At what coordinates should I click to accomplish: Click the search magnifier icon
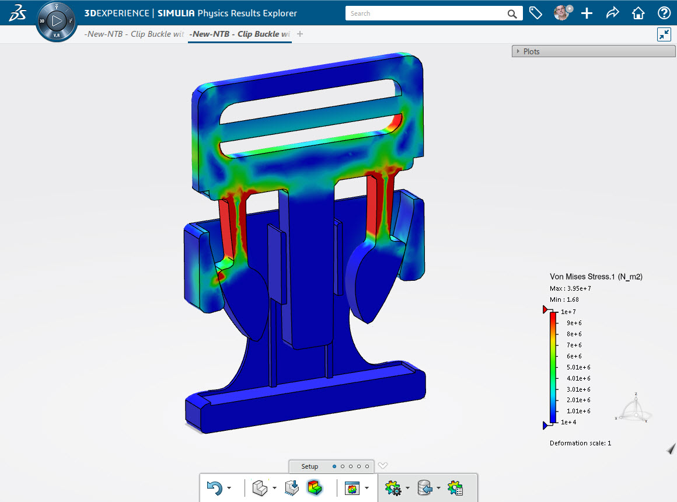click(512, 13)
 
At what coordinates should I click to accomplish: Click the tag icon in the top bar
click(535, 13)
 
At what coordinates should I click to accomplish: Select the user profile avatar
click(561, 13)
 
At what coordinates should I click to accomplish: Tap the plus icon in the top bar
click(587, 13)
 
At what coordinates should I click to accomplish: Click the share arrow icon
click(612, 13)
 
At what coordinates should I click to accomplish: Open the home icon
click(638, 13)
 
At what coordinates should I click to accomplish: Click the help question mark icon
click(664, 13)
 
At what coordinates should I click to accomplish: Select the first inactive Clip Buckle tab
click(134, 34)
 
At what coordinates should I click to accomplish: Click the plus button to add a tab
click(300, 34)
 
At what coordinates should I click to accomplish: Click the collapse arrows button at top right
click(664, 34)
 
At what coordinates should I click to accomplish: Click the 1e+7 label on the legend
click(568, 312)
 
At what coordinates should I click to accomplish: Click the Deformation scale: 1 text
click(580, 443)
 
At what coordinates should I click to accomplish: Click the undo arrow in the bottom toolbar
click(215, 488)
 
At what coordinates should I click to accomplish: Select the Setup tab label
click(310, 466)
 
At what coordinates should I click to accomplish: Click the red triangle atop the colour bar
click(546, 309)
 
